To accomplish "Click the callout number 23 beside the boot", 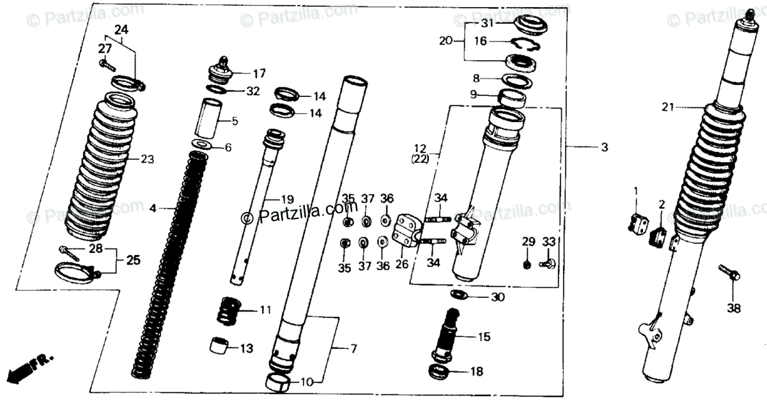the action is [148, 158].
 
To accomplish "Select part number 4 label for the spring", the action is [153, 208].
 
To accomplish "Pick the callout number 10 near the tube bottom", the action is [307, 383].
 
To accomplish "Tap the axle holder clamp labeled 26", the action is [406, 232].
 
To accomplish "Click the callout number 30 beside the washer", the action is [497, 297].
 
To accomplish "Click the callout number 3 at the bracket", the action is [604, 148].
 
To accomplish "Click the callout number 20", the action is [445, 40].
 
